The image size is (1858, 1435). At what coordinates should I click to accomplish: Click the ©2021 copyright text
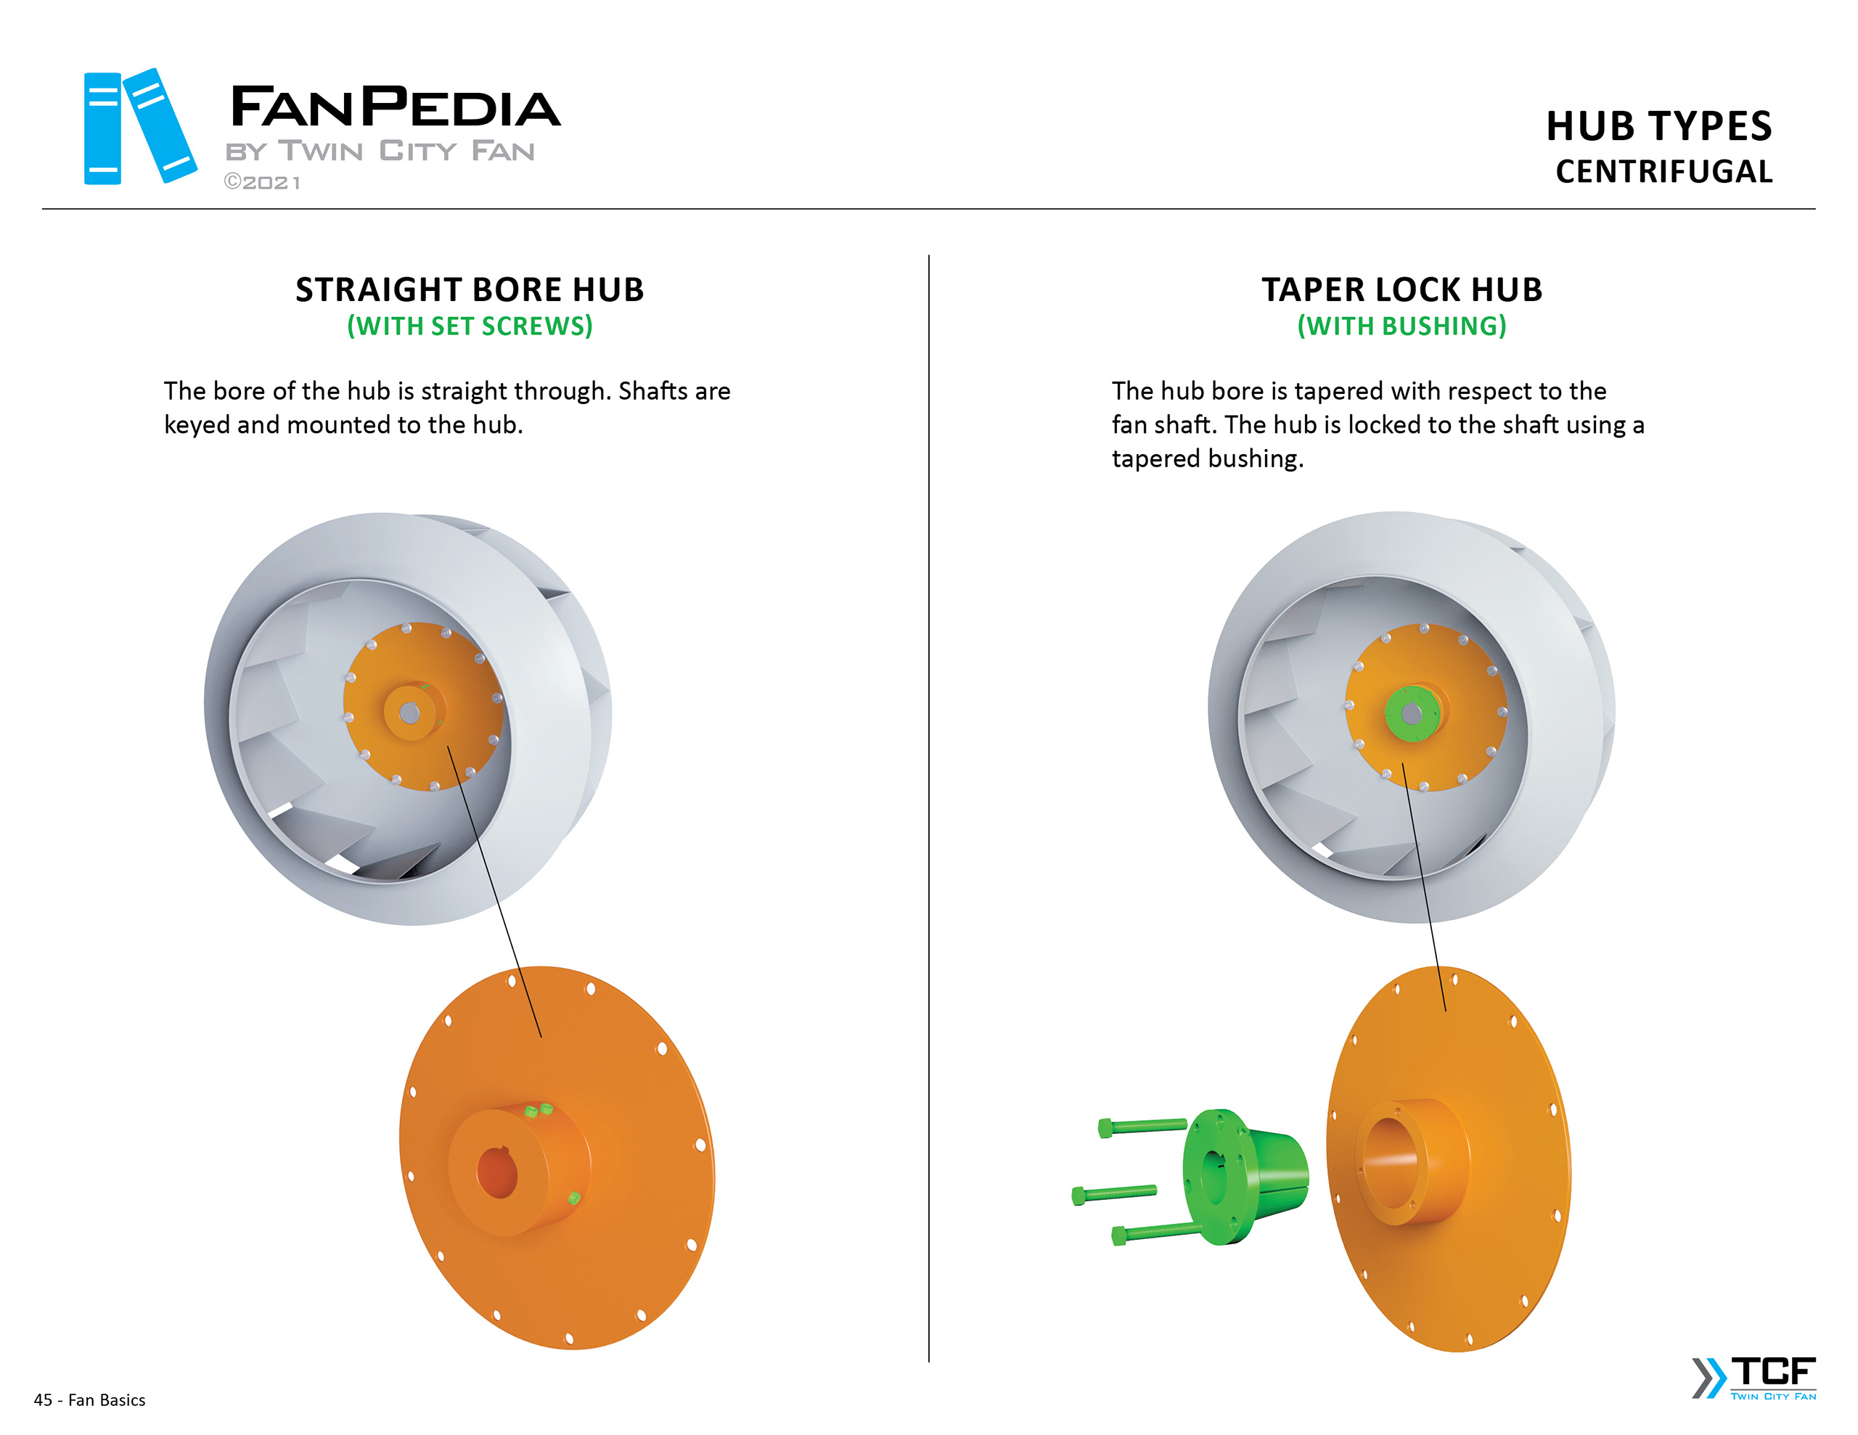point(262,182)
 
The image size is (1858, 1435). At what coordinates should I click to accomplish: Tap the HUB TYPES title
point(1658,126)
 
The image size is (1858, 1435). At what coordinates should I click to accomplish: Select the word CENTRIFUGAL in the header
point(1663,172)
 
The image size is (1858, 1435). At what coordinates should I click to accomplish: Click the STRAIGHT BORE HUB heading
point(470,289)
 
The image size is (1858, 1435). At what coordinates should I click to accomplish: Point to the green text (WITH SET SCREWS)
point(470,326)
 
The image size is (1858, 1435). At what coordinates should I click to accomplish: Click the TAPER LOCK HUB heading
point(1401,289)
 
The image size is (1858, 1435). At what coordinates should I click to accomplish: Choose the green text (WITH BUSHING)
point(1401,326)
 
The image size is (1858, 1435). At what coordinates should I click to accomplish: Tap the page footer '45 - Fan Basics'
point(89,1399)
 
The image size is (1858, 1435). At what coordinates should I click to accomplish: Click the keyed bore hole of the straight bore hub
point(498,1173)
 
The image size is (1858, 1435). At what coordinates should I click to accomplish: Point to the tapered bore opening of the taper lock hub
point(1390,1162)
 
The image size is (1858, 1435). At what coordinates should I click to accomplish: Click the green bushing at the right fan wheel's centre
point(1412,713)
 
